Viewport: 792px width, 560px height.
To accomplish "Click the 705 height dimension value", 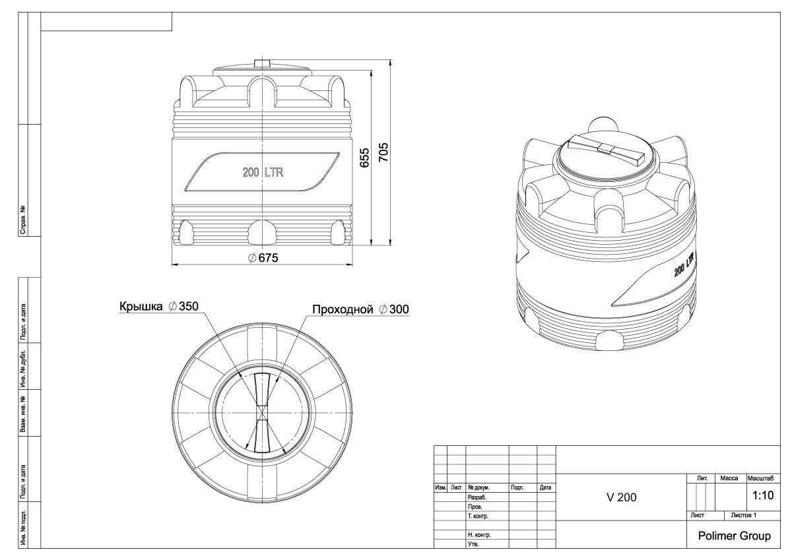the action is (x=383, y=152).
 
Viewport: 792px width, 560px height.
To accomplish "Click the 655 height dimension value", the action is (x=364, y=158).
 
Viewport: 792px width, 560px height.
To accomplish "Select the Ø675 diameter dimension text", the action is (x=263, y=258).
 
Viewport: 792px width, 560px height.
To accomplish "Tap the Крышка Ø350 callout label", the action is (x=159, y=306).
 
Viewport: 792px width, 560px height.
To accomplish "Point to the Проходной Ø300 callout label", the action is (x=360, y=309).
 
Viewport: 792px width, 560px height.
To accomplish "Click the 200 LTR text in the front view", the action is (x=263, y=172).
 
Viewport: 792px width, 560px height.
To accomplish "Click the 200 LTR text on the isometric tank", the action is (x=684, y=264).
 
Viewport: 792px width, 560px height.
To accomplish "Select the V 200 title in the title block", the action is (x=621, y=497).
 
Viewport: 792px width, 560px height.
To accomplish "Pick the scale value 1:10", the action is (x=763, y=495).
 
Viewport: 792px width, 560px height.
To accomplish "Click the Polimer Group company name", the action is (x=734, y=536).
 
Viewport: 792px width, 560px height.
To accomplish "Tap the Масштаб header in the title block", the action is (x=760, y=478).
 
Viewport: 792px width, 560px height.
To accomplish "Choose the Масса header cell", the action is (x=729, y=478).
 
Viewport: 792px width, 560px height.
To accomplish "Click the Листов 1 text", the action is (x=744, y=516).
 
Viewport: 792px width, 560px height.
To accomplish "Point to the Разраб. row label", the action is (x=477, y=497).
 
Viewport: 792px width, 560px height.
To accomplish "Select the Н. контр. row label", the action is (x=479, y=535).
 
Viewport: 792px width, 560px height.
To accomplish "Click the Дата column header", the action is (x=546, y=487).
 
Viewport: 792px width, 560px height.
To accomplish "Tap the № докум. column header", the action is (x=478, y=487).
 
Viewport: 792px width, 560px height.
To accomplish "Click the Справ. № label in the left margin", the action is (x=23, y=220).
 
